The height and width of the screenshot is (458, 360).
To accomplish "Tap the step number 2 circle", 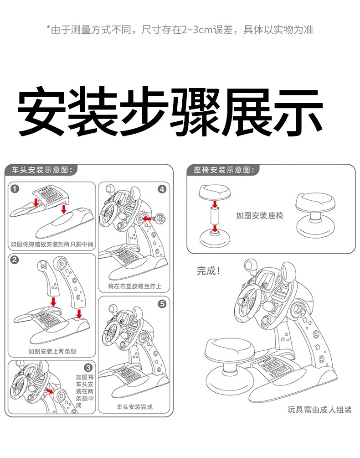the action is pyautogui.click(x=15, y=260).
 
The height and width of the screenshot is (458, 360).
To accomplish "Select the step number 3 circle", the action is pyautogui.click(x=88, y=367).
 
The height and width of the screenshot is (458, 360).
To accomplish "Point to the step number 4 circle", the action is pyautogui.click(x=162, y=189).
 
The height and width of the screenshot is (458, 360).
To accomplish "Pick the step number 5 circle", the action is pyautogui.click(x=162, y=303).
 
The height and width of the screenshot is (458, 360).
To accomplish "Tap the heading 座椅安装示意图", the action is pyautogui.click(x=222, y=170).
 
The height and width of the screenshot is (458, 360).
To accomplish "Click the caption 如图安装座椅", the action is pyautogui.click(x=259, y=215).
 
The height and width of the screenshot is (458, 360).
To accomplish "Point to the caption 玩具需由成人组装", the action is pyautogui.click(x=319, y=409).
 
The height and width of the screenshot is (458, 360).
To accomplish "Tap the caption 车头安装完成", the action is pyautogui.click(x=135, y=406).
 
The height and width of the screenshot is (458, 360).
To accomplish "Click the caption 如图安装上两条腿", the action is pyautogui.click(x=52, y=351).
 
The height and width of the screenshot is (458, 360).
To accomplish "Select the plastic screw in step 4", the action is pyautogui.click(x=160, y=218).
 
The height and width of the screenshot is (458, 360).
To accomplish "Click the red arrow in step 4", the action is pyautogui.click(x=148, y=219).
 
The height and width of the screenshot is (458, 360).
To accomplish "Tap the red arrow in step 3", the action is pyautogui.click(x=50, y=391).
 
